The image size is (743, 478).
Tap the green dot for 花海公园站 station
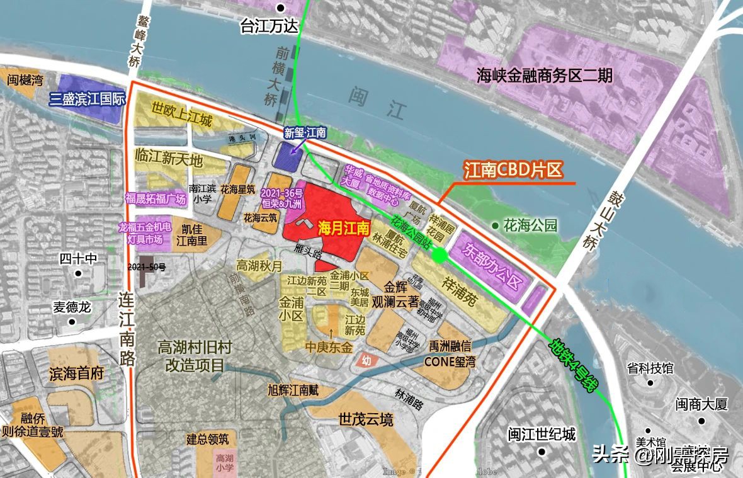[440, 255]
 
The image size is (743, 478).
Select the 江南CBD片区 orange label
[512, 170]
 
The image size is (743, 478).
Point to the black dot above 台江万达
[281, 8]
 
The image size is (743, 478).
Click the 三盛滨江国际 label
[88, 100]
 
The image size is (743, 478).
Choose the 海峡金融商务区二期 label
[544, 77]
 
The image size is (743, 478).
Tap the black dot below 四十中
[78, 273]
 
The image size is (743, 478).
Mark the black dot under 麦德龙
[72, 322]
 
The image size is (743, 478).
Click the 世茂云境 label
[365, 419]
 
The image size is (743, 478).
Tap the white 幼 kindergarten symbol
[364, 360]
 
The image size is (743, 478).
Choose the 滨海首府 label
[76, 373]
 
